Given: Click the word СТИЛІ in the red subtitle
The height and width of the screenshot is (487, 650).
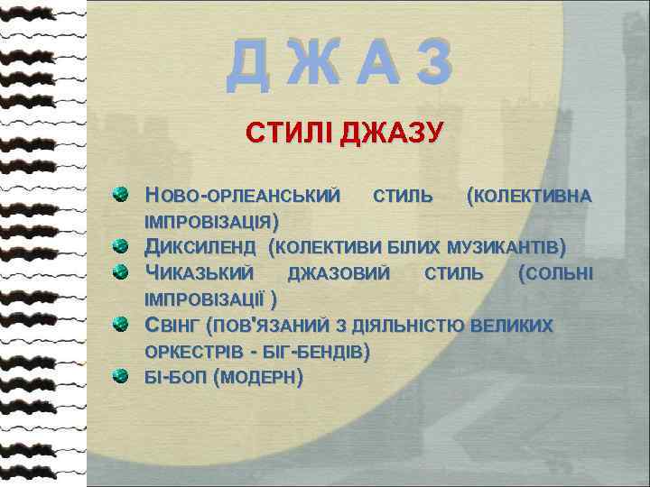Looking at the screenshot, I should click(x=289, y=136).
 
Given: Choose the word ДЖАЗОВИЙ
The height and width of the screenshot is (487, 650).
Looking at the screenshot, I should click(x=339, y=272).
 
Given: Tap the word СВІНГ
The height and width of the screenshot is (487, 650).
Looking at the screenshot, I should click(x=173, y=326).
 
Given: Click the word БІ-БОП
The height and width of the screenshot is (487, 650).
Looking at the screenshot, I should click(x=175, y=377).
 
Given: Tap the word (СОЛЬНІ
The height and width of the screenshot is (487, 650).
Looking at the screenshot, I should click(x=556, y=272).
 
